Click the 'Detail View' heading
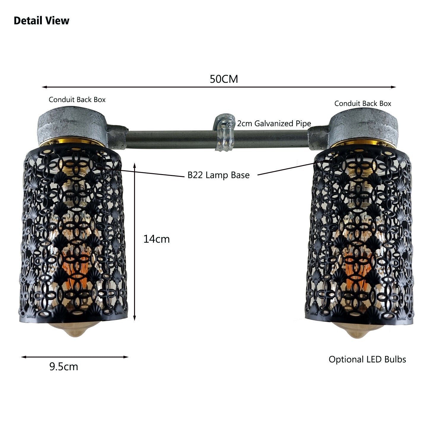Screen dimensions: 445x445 point(42,21)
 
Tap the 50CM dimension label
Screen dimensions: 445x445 point(224,79)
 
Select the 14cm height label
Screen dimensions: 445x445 point(156,239)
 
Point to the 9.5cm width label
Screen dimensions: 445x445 point(64,367)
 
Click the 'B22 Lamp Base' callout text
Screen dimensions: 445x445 point(219,175)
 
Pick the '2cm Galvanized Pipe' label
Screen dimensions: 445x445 point(274,123)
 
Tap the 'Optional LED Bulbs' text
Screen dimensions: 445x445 point(367,360)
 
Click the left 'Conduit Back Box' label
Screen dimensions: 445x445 point(77,100)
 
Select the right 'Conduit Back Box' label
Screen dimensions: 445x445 point(363,104)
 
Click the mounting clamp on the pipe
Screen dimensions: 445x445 point(225,133)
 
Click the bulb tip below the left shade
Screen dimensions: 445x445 point(73,329)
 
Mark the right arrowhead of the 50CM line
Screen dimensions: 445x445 point(393,87)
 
